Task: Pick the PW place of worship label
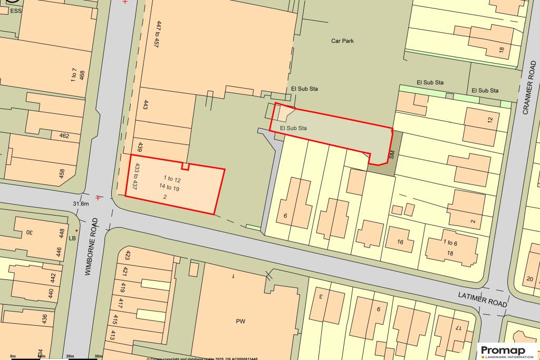(241, 320)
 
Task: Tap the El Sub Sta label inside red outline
(293, 128)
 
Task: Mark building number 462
(64, 135)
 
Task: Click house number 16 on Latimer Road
(400, 242)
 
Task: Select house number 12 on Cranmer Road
(490, 120)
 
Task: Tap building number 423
(127, 256)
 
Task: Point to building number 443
(145, 105)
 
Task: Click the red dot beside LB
(77, 231)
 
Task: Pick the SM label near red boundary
(392, 155)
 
